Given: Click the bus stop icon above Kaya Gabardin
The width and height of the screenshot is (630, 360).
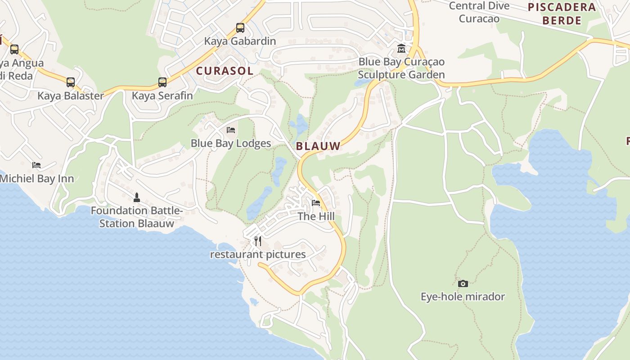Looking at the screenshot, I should pos(240,28).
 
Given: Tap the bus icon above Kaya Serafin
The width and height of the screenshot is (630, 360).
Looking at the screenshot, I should pos(162,82).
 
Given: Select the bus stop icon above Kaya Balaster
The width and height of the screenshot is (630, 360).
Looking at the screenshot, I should pos(71,82).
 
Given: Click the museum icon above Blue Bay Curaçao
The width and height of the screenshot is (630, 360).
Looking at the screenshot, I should pos(401,48).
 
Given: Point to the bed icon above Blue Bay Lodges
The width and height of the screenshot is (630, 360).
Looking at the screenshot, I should pos(231,130).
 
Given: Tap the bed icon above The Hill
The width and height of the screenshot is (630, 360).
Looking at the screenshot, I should pos(316,203).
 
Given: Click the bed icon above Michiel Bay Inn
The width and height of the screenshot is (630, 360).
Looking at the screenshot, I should pos(36,165).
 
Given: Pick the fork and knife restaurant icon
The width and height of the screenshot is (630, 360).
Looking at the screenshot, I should pos(258,241).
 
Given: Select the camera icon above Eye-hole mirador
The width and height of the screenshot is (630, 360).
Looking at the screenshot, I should pos(463,283).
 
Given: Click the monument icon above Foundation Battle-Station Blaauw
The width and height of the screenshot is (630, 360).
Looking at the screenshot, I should pos(137,197).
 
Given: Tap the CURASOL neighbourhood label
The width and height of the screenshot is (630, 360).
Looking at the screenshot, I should pos(225,71).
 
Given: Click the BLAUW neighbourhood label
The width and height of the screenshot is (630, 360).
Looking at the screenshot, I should pos(318,146).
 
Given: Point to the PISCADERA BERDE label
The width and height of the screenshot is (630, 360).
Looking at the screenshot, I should pos(562,14).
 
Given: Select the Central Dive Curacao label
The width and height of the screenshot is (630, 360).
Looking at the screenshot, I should pos(479,12).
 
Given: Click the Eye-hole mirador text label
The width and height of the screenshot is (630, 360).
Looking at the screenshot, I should pos(463,297).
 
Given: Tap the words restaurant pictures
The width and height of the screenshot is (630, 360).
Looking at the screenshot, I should pos(258,254).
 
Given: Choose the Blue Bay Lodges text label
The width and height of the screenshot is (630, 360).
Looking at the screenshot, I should pos(231,143).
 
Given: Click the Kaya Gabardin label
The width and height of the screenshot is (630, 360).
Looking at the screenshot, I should pos(240,41).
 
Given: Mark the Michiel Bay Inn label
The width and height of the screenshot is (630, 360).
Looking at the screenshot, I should pos(37,178).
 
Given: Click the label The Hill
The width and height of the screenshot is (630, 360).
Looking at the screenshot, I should pos(316,216).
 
